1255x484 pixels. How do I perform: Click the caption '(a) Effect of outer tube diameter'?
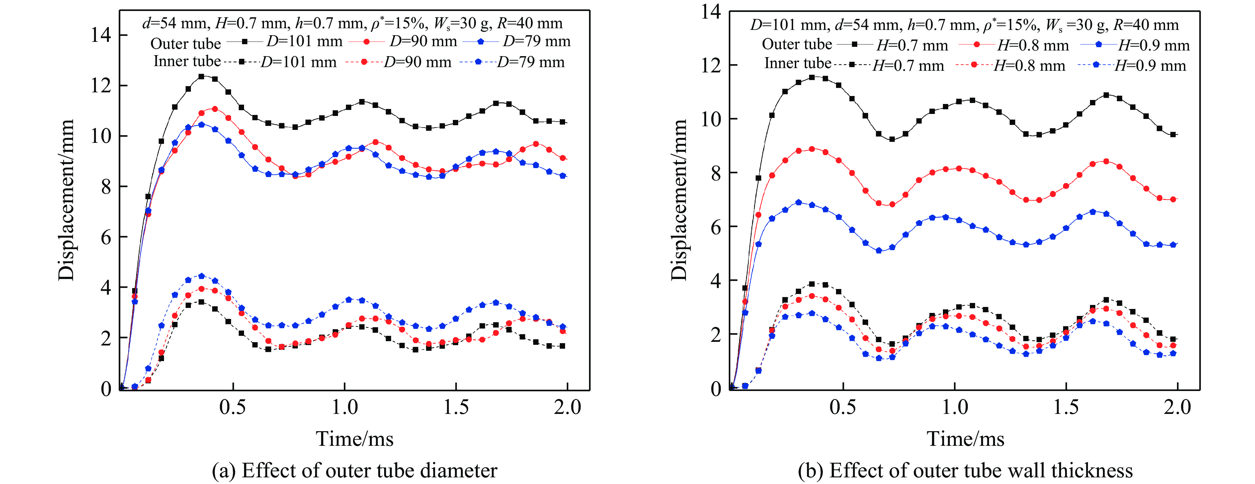coord(354,470)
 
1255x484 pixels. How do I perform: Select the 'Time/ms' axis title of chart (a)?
coord(354,439)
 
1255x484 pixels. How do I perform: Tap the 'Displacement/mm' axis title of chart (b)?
coord(679,200)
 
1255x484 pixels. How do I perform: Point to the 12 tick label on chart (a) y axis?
coord(101,86)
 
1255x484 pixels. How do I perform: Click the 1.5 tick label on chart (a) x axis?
coord(456,407)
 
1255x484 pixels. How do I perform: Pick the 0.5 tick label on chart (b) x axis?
coord(843,407)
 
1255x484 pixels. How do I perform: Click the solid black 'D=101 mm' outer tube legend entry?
coord(285,42)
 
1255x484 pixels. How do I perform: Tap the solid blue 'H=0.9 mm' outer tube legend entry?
coord(1135,45)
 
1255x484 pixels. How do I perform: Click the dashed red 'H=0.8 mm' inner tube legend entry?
coord(1011,65)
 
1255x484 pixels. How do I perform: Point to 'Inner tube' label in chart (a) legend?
coord(187,61)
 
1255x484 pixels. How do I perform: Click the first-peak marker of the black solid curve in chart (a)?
coord(201,76)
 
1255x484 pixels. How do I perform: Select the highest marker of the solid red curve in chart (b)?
coord(812,149)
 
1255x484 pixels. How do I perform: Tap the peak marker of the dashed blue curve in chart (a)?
coord(201,276)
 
